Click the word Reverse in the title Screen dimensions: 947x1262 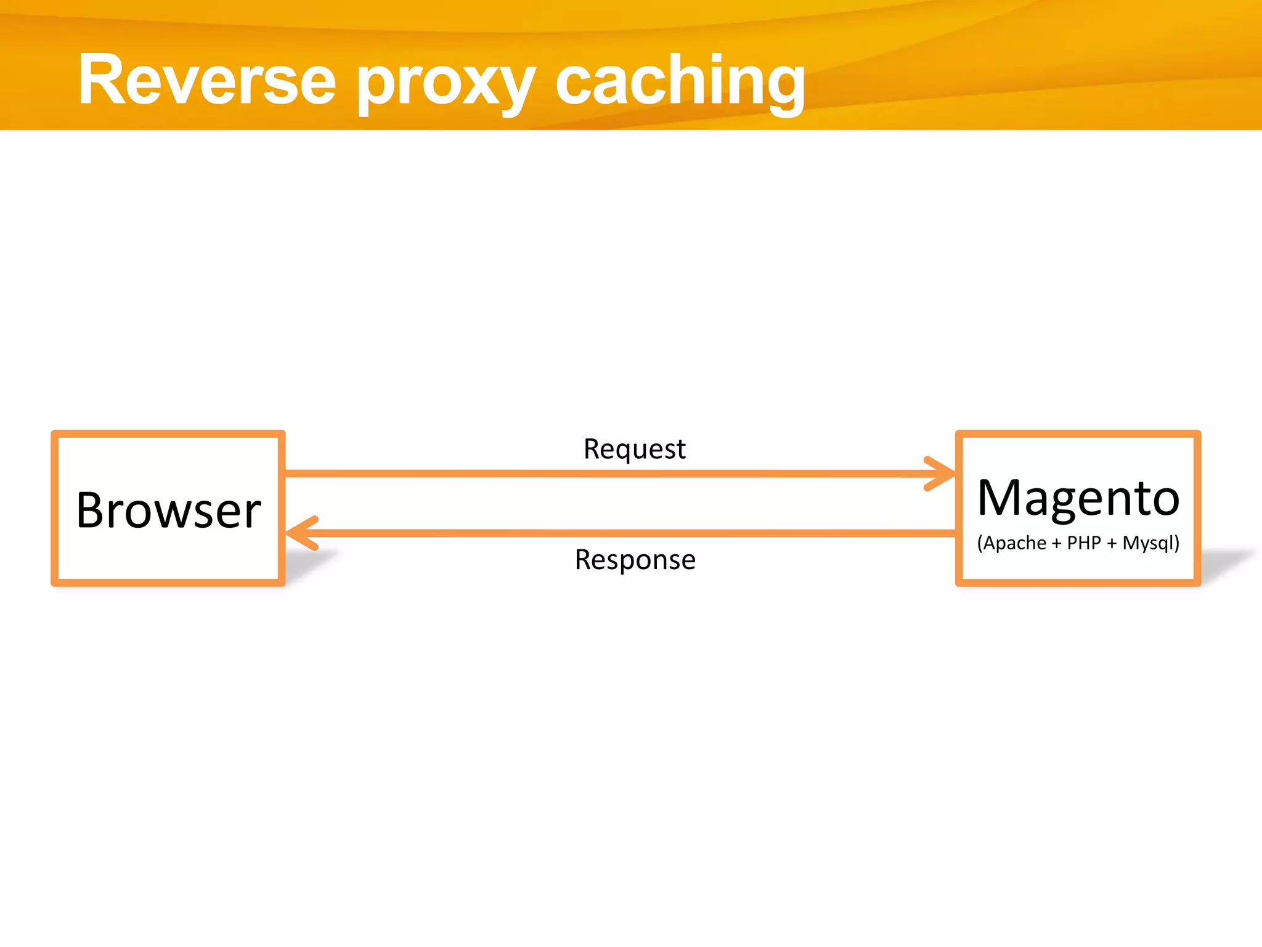tap(206, 80)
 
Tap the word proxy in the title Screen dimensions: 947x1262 tap(445, 83)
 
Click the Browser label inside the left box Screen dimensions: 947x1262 tap(168, 510)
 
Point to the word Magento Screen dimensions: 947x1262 tap(1078, 498)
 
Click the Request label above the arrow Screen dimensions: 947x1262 tap(634, 449)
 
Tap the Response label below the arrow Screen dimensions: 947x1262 tap(635, 560)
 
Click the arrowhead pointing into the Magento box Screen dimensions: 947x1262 tap(940, 473)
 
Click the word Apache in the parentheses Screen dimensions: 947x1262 tap(1015, 543)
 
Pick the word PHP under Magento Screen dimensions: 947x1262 tap(1084, 543)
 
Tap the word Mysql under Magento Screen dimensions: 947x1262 tap(1147, 543)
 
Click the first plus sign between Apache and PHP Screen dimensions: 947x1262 tap(1056, 544)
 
